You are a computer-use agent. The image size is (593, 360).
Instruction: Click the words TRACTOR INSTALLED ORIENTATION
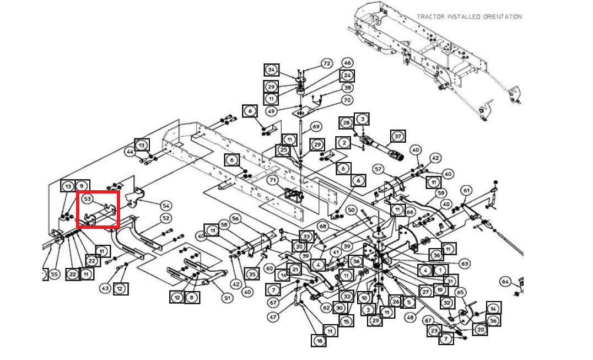pyautogui.click(x=469, y=17)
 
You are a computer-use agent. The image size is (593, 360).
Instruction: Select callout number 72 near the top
pyautogui.click(x=326, y=64)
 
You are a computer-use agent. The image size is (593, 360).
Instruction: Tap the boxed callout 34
pyautogui.click(x=271, y=70)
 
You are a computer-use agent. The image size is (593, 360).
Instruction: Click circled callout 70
pyautogui.click(x=347, y=100)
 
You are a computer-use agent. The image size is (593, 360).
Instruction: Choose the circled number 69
pyautogui.click(x=316, y=126)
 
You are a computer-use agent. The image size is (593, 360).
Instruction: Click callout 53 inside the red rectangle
pyautogui.click(x=87, y=198)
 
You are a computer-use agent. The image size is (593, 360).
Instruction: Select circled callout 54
pyautogui.click(x=165, y=205)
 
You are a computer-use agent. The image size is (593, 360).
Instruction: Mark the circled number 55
pyautogui.click(x=53, y=274)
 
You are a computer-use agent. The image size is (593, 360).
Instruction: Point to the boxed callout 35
pyautogui.click(x=252, y=274)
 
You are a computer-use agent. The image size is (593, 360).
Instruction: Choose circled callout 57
pyautogui.click(x=378, y=169)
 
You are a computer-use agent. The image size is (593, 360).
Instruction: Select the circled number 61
pyautogui.click(x=466, y=191)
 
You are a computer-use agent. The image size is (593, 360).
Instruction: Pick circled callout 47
pyautogui.click(x=273, y=317)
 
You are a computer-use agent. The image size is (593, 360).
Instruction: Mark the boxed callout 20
pyautogui.click(x=480, y=329)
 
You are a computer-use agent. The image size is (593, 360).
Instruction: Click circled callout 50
pyautogui.click(x=351, y=210)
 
